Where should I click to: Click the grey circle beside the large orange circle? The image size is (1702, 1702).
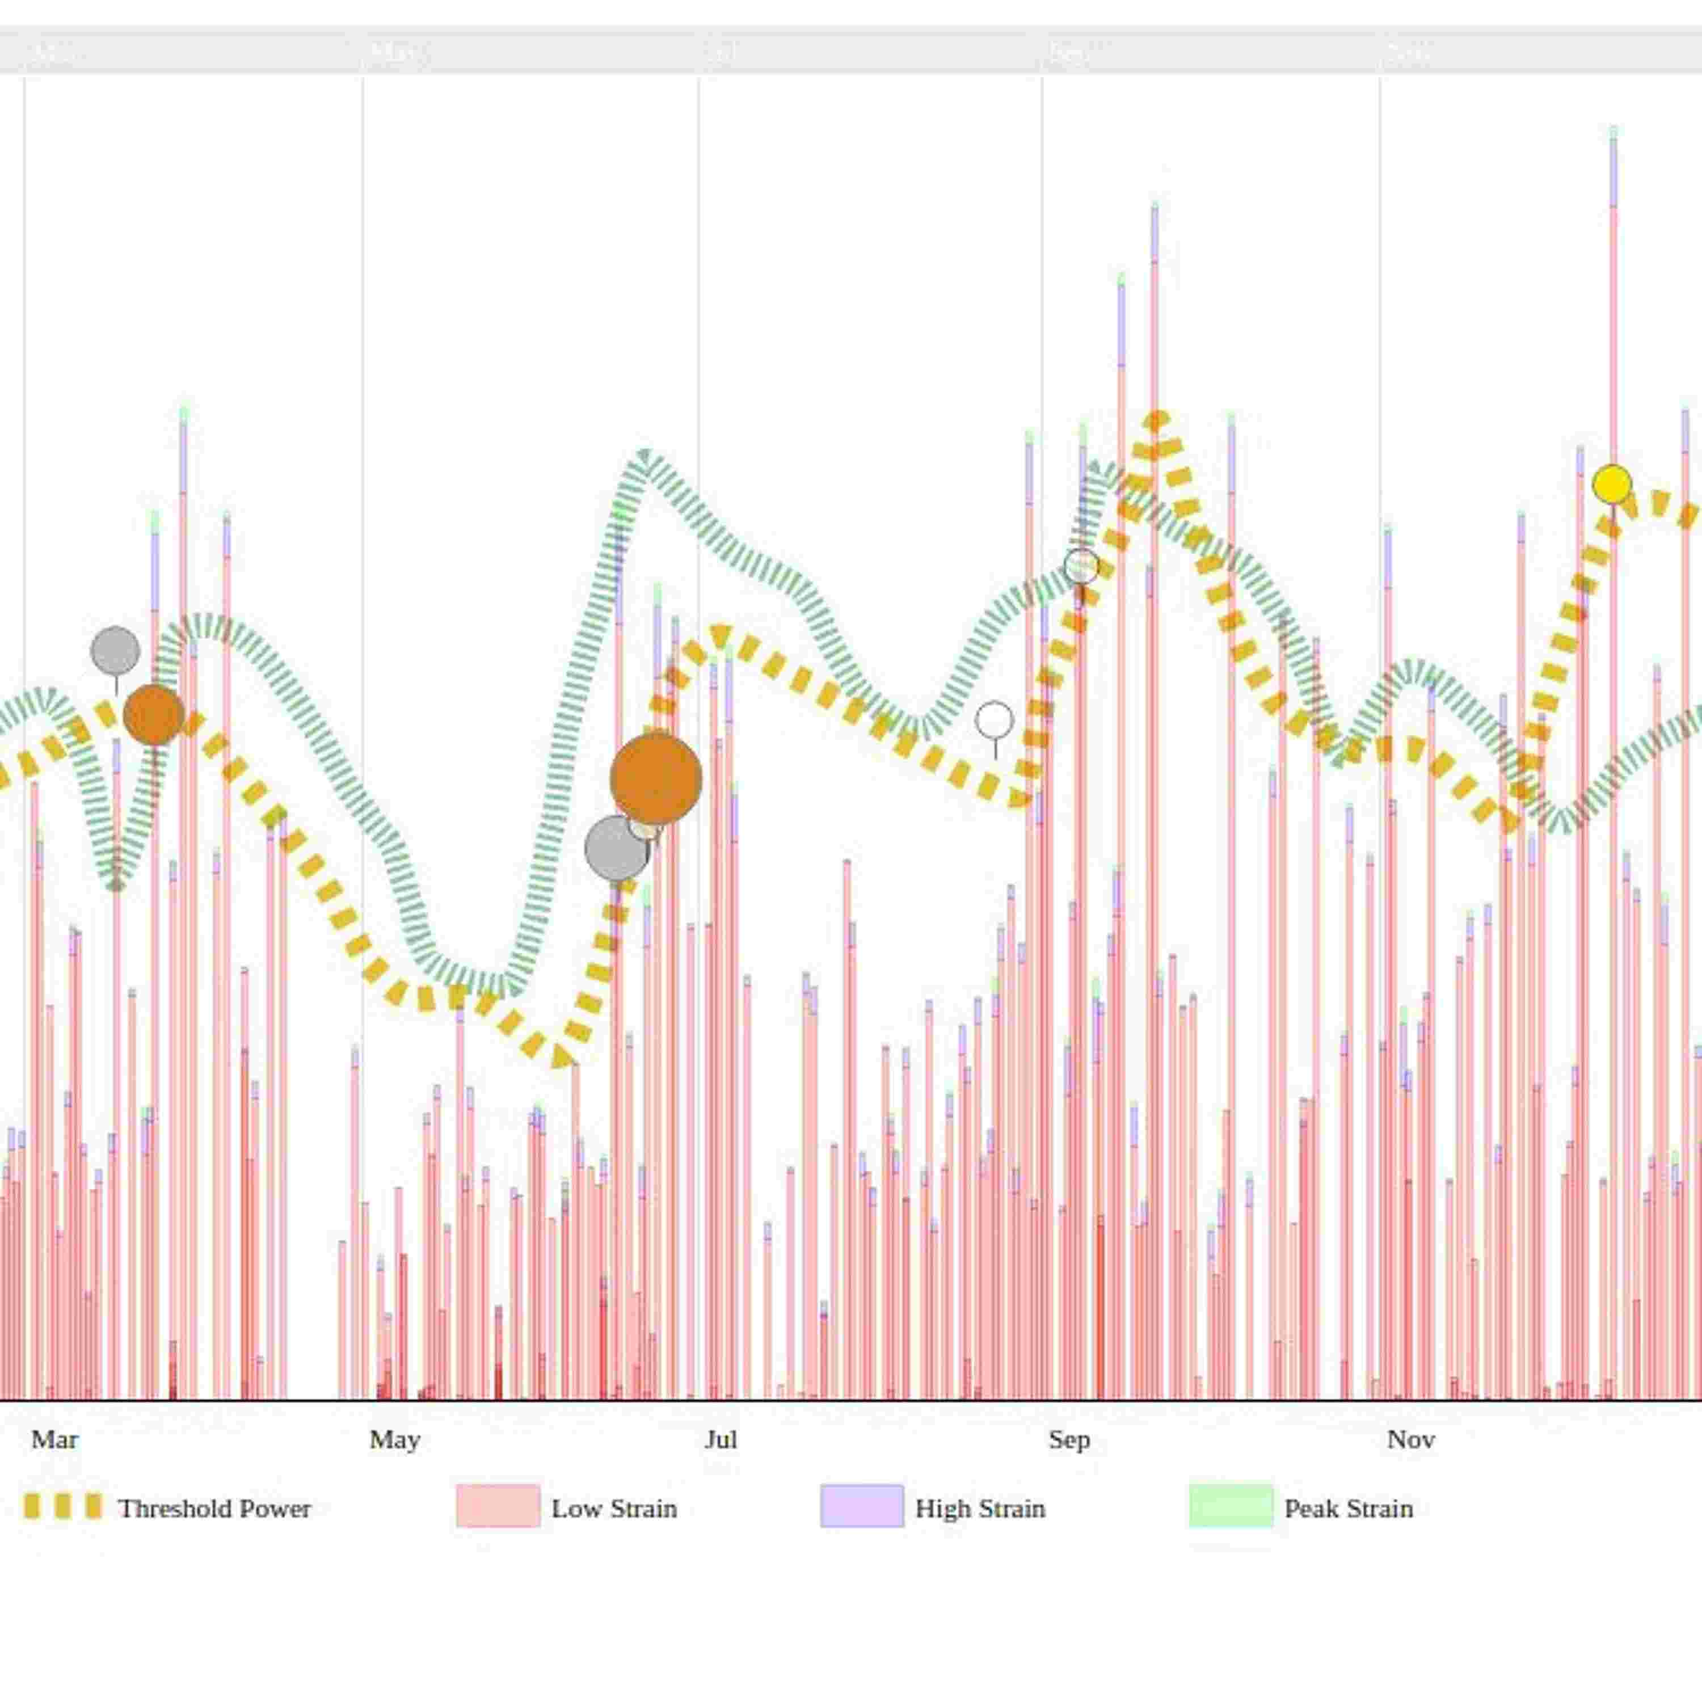[x=616, y=848]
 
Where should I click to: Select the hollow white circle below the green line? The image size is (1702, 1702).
[x=995, y=720]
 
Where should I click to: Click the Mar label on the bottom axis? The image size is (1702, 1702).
[x=54, y=1439]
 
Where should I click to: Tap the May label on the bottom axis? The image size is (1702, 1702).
[x=394, y=1439]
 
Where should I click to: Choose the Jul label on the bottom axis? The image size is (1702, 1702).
[x=721, y=1439]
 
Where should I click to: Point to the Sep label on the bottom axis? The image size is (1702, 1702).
[x=1069, y=1439]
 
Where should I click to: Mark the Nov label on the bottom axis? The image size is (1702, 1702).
[x=1410, y=1439]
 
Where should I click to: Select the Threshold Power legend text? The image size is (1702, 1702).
[x=214, y=1508]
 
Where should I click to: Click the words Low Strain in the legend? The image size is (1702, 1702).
[x=614, y=1508]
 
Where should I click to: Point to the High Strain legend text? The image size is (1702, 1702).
[x=980, y=1508]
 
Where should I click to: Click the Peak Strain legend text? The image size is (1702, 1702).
[x=1348, y=1508]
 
